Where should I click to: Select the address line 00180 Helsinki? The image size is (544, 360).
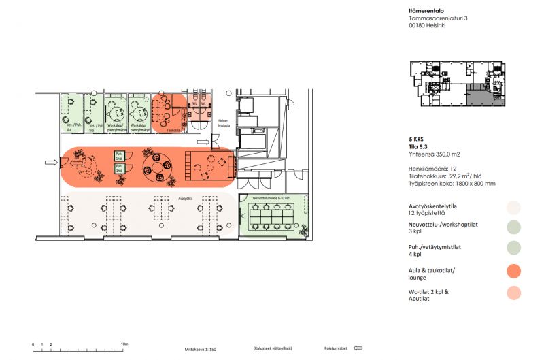pyautogui.click(x=431, y=26)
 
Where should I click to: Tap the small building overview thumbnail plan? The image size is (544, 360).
pyautogui.click(x=458, y=84)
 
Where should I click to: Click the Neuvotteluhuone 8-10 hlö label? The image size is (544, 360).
pyautogui.click(x=271, y=198)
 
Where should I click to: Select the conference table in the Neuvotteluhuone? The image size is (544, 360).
pyautogui.click(x=269, y=216)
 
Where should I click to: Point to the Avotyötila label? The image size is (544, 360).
pyautogui.click(x=186, y=199)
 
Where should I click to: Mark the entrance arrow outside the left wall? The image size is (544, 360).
pyautogui.click(x=51, y=163)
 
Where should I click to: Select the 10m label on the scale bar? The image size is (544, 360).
pyautogui.click(x=124, y=344)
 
